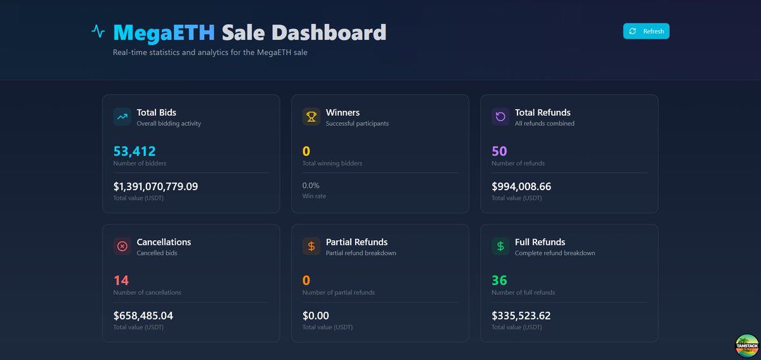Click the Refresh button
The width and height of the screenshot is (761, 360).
[x=646, y=31]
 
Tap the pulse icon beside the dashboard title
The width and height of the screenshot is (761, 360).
[x=98, y=31]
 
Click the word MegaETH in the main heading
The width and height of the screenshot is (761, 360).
[x=164, y=32]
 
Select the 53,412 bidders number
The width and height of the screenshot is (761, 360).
[x=134, y=151]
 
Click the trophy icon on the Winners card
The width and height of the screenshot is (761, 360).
[x=311, y=117]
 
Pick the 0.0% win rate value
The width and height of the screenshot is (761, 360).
[x=311, y=186]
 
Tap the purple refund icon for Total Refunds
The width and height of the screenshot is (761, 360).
[x=500, y=117]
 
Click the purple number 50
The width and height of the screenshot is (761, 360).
[x=499, y=151]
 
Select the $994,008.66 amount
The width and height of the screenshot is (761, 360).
[x=521, y=187]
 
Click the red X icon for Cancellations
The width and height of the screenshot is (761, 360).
[x=122, y=246]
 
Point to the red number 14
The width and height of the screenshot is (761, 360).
[x=120, y=281]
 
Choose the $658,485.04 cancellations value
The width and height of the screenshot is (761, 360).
[x=143, y=316]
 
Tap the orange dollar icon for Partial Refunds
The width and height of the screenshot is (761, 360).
[x=311, y=246]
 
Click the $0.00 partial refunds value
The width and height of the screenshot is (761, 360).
[x=316, y=316]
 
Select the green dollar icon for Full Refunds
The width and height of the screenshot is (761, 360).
[x=500, y=246]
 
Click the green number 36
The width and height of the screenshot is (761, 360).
[x=499, y=281]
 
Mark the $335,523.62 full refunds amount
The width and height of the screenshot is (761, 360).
[x=521, y=316]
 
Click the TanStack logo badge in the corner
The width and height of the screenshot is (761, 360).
[x=746, y=345]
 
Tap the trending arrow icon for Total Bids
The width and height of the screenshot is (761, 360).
[x=122, y=117]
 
